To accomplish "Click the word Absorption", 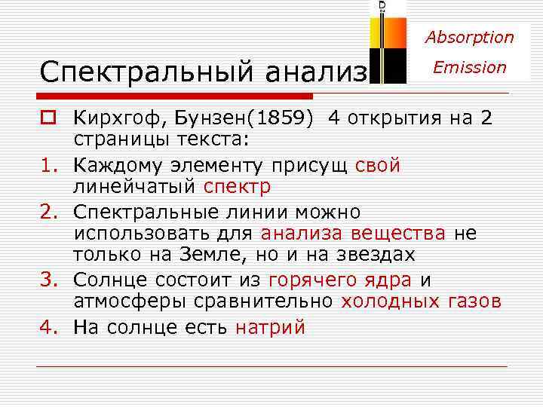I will [x=469, y=37].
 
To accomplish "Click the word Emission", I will [x=469, y=67].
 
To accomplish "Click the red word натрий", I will [x=270, y=328].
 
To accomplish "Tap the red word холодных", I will [x=388, y=301].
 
